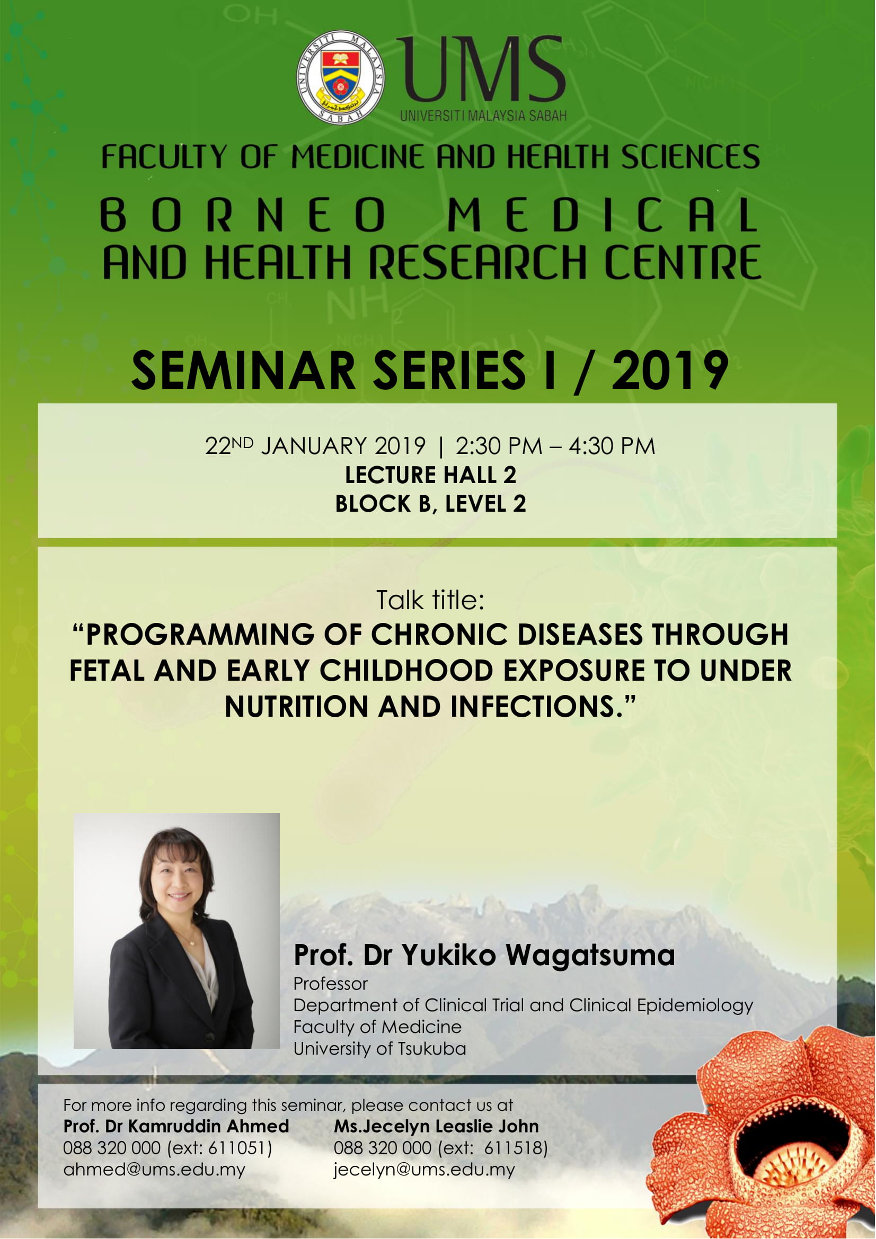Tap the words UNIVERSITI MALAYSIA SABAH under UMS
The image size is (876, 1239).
(x=483, y=115)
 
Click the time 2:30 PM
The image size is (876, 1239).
(x=499, y=446)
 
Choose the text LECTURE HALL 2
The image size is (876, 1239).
(x=431, y=475)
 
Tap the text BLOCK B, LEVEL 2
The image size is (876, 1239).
(x=431, y=504)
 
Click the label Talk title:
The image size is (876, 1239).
(x=430, y=600)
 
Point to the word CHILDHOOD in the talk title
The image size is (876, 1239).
(x=406, y=671)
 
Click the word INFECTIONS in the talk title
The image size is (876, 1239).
(x=533, y=707)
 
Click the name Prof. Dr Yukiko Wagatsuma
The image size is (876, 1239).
(x=484, y=955)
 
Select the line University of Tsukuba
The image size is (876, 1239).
(x=379, y=1048)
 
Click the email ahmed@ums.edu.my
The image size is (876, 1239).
(x=154, y=1170)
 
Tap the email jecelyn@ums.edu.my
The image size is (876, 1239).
(x=424, y=1170)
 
